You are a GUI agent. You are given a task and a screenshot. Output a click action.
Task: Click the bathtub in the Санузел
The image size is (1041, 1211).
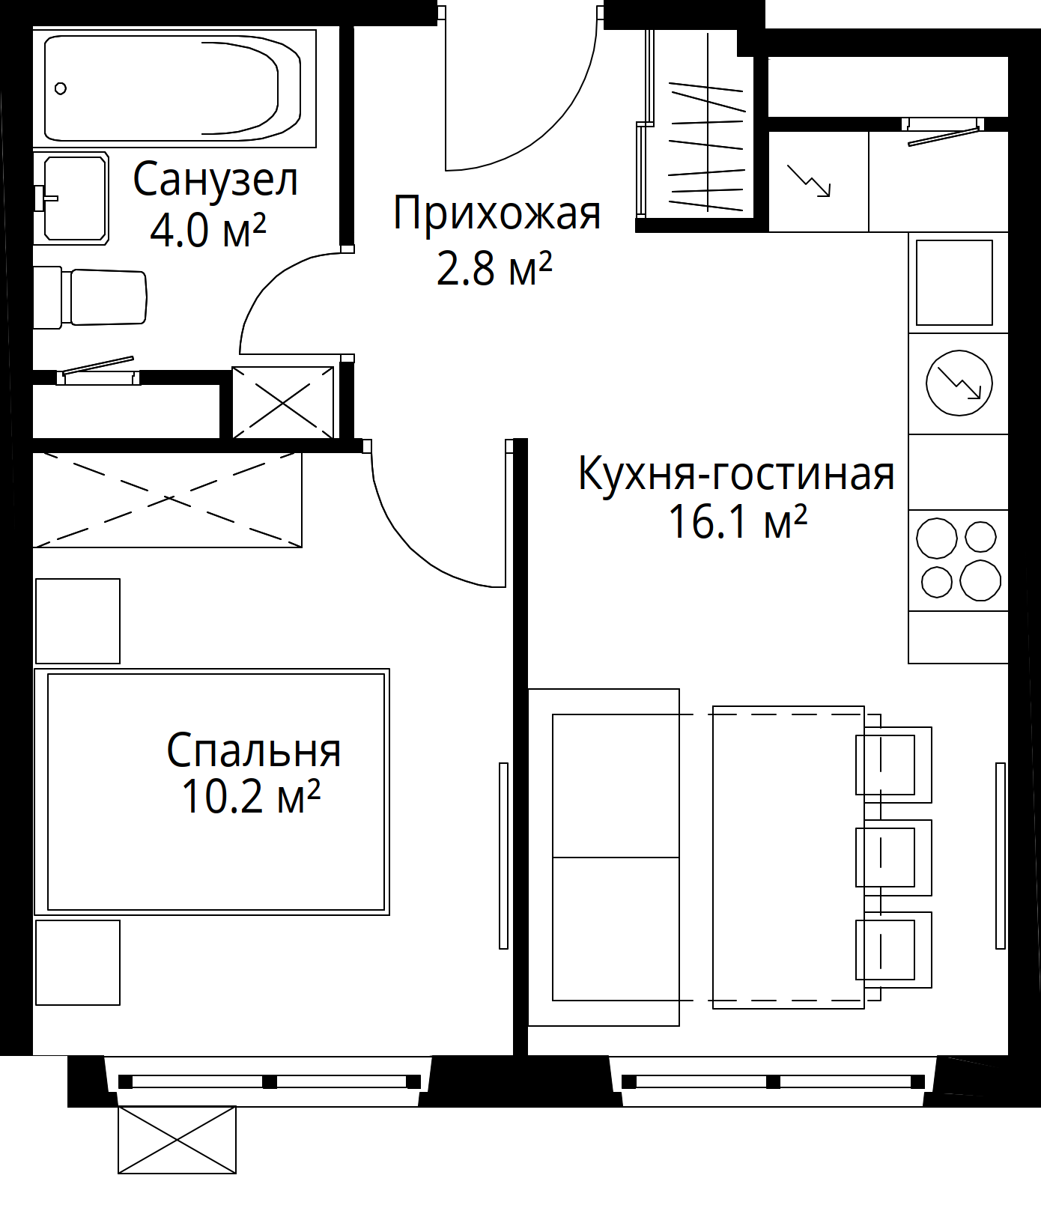[x=172, y=88]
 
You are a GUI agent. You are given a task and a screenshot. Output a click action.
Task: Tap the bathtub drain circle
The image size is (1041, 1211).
[x=61, y=88]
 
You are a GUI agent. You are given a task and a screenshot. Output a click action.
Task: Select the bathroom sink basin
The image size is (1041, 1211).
[x=75, y=198]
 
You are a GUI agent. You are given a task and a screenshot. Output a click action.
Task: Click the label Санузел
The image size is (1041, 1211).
[x=216, y=180]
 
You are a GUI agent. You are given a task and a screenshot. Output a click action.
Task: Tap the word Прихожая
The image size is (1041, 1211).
[x=497, y=213]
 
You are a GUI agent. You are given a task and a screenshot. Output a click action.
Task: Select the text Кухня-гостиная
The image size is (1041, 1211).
[x=736, y=474]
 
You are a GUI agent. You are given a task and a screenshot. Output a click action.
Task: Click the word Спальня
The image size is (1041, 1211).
[x=254, y=750]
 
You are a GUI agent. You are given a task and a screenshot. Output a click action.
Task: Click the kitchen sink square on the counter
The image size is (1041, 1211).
[x=954, y=282]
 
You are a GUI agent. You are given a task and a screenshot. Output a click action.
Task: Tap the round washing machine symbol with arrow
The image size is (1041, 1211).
[x=959, y=383]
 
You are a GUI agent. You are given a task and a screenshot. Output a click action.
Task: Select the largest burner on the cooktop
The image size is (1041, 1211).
[x=980, y=580]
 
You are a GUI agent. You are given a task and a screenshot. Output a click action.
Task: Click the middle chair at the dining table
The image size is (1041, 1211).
[x=893, y=858]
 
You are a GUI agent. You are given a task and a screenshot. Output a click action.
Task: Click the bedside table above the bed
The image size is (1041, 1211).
[x=78, y=621]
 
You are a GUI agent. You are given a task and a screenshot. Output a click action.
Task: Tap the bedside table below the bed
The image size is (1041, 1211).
[x=78, y=962]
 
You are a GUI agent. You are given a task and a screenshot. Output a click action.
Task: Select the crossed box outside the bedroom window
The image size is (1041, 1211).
[x=177, y=1140]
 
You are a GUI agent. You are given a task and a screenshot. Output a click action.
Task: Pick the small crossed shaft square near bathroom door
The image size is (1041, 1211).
[x=283, y=402]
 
